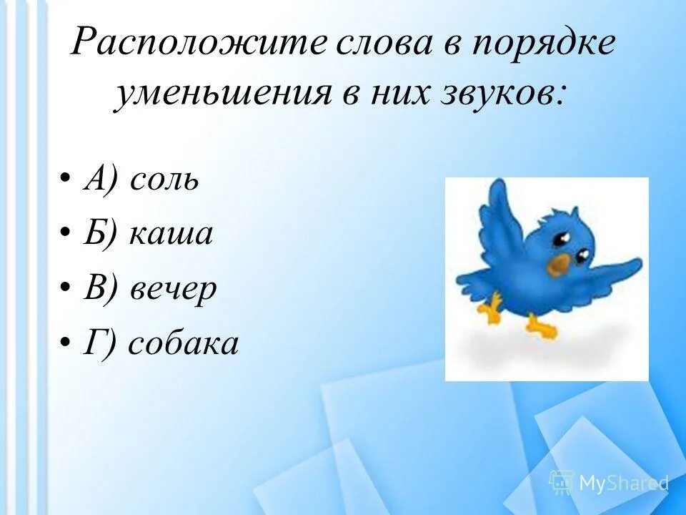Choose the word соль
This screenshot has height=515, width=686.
(x=163, y=179)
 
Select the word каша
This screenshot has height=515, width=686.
(x=171, y=234)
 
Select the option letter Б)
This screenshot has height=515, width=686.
(x=98, y=234)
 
